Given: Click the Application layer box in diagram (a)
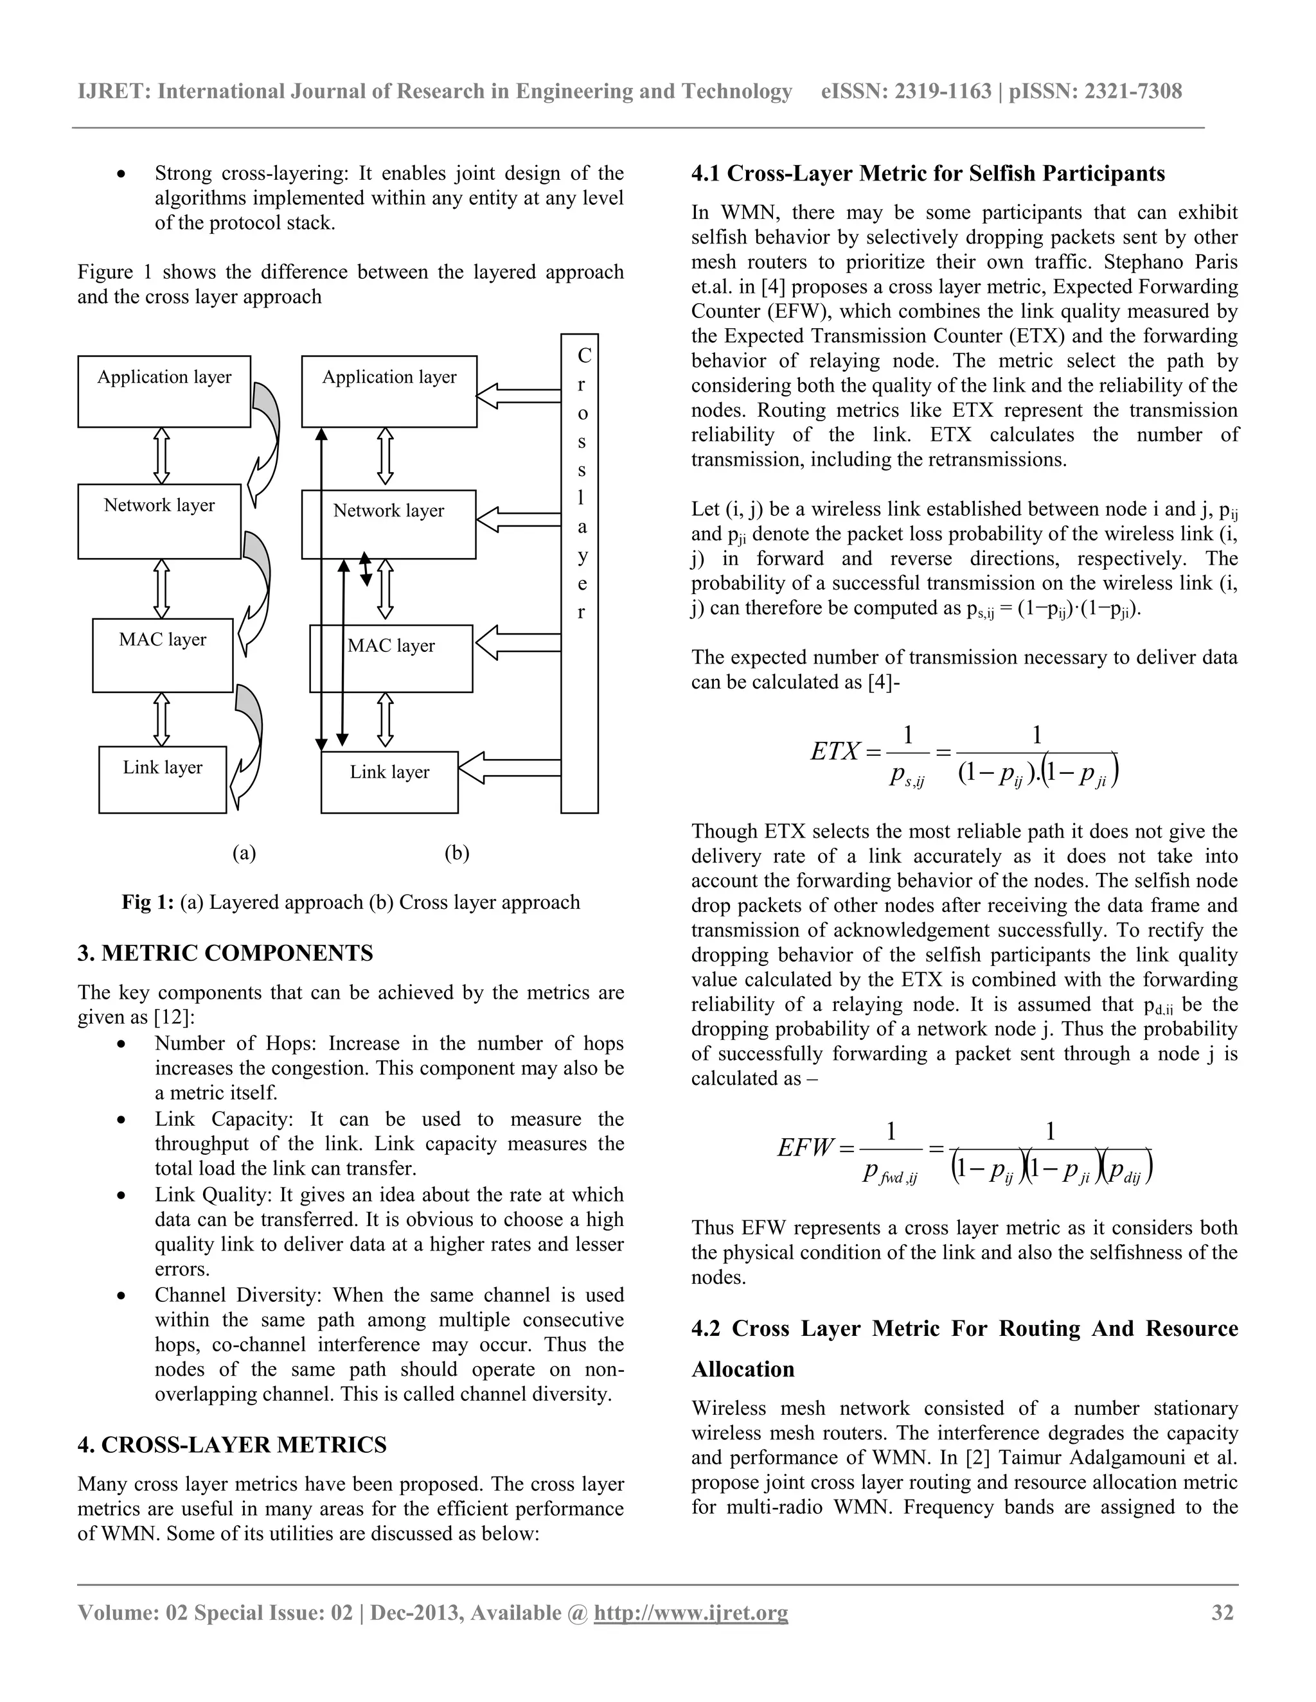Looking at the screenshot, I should click(164, 391).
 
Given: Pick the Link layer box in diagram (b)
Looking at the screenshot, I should click(389, 782).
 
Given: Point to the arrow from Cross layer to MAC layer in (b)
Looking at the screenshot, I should click(517, 643).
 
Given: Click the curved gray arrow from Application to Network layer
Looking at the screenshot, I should click(266, 444).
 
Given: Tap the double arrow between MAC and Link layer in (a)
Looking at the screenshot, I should click(161, 719).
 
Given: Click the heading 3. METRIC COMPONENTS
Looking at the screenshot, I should click(226, 953).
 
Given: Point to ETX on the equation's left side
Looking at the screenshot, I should click(835, 751).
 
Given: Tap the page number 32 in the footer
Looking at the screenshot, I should click(1222, 1611).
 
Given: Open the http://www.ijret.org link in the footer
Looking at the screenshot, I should click(691, 1611).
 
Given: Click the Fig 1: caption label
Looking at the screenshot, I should click(147, 902).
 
